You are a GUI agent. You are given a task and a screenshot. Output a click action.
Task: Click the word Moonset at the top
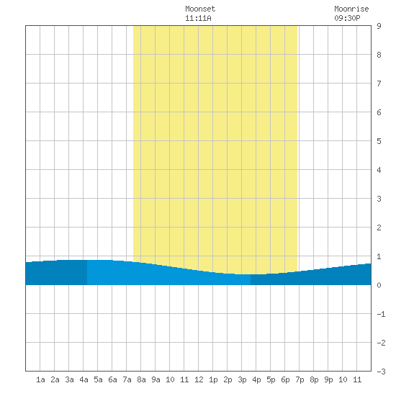coord(200,9)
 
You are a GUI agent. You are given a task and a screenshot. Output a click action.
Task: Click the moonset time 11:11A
coord(198,18)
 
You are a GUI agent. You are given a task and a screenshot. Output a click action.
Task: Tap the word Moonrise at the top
coord(351,9)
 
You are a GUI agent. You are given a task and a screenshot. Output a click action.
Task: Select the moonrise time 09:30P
coord(347,18)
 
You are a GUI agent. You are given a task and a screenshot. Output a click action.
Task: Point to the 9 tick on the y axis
coord(379,26)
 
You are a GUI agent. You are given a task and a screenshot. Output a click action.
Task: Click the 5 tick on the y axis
coord(379,141)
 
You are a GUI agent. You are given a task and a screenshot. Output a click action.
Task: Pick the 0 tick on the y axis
coord(379,285)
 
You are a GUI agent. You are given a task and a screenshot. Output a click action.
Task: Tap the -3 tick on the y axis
coord(381,372)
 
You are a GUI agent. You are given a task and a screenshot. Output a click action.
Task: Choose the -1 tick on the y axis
coord(381,314)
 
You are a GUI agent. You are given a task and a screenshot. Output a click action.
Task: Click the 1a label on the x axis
coord(40,379)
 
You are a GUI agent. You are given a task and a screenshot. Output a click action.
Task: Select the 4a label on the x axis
coord(84,379)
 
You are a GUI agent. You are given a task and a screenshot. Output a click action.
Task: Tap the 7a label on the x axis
coord(127,379)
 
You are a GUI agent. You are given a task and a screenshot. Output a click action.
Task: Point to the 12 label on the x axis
coord(199,379)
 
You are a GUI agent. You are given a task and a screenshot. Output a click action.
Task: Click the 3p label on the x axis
coord(242,379)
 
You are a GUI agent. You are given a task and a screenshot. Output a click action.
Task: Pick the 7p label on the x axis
coord(300,379)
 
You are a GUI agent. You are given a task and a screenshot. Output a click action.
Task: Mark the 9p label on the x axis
coord(328,379)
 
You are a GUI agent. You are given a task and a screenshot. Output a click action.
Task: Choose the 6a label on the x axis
coord(112,379)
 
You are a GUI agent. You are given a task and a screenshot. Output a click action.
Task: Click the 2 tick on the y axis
coord(379,228)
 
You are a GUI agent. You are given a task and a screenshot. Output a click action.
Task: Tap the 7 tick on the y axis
coord(379,84)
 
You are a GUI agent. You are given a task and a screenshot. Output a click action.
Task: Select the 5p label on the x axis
coord(271,379)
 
